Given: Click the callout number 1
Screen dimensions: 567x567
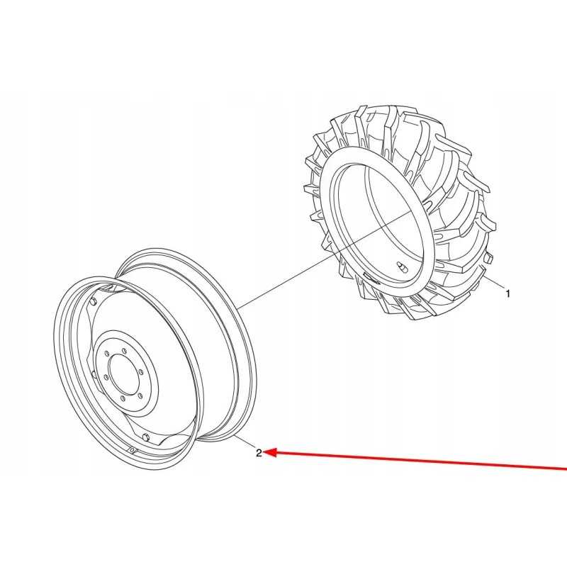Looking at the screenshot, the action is click(x=507, y=293).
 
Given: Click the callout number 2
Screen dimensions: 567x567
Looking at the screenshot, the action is click(x=259, y=453).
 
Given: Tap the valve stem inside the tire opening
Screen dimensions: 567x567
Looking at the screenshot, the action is click(x=402, y=266).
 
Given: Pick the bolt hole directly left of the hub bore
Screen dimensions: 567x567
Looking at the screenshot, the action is click(x=106, y=378).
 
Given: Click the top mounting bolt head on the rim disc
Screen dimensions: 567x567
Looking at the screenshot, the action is click(x=94, y=302).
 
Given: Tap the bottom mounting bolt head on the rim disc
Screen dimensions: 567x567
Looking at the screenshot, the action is click(x=145, y=437).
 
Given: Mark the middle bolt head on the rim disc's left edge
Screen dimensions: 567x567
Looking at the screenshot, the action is click(x=94, y=374).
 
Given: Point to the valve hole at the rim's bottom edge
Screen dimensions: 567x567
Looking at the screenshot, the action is click(x=133, y=450).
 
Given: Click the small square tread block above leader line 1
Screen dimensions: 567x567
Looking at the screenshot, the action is click(x=488, y=259).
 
